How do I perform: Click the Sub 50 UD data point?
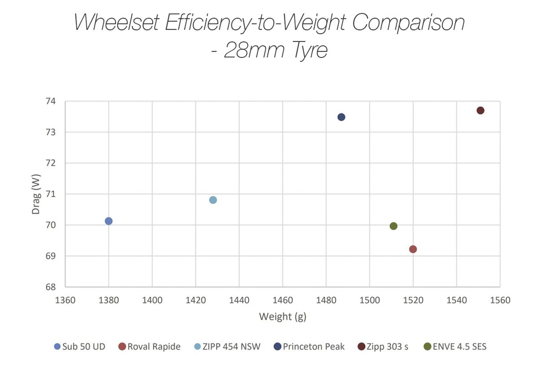pyautogui.click(x=108, y=221)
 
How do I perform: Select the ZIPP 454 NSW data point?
pyautogui.click(x=213, y=200)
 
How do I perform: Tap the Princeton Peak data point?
pyautogui.click(x=341, y=117)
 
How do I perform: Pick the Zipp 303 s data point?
pyautogui.click(x=481, y=110)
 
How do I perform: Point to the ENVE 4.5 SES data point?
pyautogui.click(x=393, y=226)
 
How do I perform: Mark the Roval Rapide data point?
pyautogui.click(x=413, y=249)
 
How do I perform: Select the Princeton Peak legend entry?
pyautogui.click(x=309, y=347)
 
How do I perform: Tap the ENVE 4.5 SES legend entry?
pyautogui.click(x=455, y=347)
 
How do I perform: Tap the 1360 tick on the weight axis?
pyautogui.click(x=65, y=300)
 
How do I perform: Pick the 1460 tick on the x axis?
pyautogui.click(x=282, y=300)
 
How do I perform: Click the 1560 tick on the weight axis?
pyautogui.click(x=500, y=300)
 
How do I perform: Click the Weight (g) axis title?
pyautogui.click(x=282, y=317)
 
